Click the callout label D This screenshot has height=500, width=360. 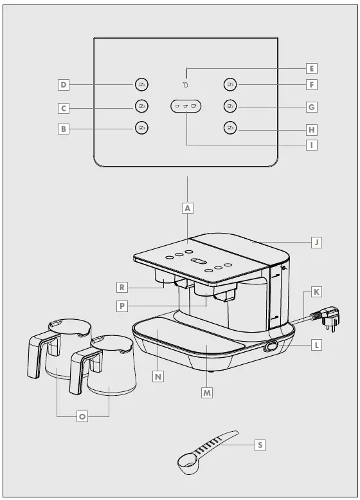tap(64, 84)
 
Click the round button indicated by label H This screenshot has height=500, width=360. tap(230, 127)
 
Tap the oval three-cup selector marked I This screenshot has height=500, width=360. tap(186, 106)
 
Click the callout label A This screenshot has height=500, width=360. tap(187, 208)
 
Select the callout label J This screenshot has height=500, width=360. tap(316, 243)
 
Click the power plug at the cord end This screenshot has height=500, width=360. tap(327, 317)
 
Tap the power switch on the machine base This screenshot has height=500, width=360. tap(271, 346)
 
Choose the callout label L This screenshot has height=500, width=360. tap(316, 345)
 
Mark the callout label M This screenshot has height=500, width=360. tap(206, 392)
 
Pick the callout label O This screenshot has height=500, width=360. tap(82, 416)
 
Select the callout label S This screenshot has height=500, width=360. tap(260, 445)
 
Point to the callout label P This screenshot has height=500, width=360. tap(123, 306)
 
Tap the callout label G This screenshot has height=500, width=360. tap(311, 107)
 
